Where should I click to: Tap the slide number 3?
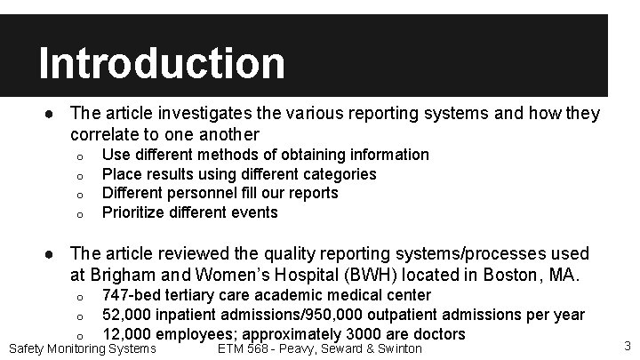pyautogui.click(x=627, y=346)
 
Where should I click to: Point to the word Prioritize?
pyautogui.click(x=139, y=212)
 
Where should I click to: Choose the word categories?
pyautogui.click(x=340, y=174)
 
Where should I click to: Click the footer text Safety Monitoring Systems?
pyautogui.click(x=82, y=349)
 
